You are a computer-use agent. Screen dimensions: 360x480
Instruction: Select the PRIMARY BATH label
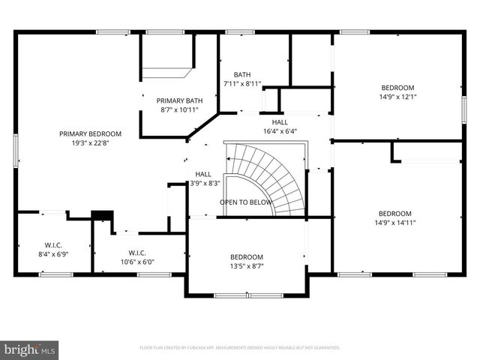179,100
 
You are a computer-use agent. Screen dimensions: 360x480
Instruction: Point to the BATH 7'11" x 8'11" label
242,79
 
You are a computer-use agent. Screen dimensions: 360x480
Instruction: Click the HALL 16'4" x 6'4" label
280,126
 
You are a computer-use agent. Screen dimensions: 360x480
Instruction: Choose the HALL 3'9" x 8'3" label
203,178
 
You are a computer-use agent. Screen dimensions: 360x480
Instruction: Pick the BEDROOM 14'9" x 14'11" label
395,217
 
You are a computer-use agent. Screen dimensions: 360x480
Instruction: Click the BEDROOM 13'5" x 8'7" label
247,261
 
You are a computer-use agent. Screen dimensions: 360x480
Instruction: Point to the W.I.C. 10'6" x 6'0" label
141,257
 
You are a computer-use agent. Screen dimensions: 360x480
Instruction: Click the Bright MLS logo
30,349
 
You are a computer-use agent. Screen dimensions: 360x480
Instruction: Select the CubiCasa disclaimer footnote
240,348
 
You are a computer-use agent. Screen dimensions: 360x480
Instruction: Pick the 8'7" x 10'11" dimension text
179,110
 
